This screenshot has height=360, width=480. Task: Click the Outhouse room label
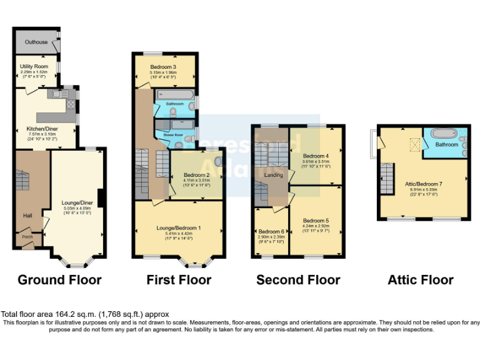36,42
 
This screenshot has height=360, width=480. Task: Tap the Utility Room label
34,66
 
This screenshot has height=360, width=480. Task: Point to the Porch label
27,237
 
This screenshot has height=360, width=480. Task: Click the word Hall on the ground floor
27,216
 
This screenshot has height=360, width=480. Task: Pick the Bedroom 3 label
164,66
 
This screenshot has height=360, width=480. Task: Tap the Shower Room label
173,134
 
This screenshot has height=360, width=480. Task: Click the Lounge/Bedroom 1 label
178,228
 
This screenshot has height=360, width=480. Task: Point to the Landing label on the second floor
274,175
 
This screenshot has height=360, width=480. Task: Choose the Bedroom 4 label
316,156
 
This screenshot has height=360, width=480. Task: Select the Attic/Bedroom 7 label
424,183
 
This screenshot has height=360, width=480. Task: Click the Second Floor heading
298,279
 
